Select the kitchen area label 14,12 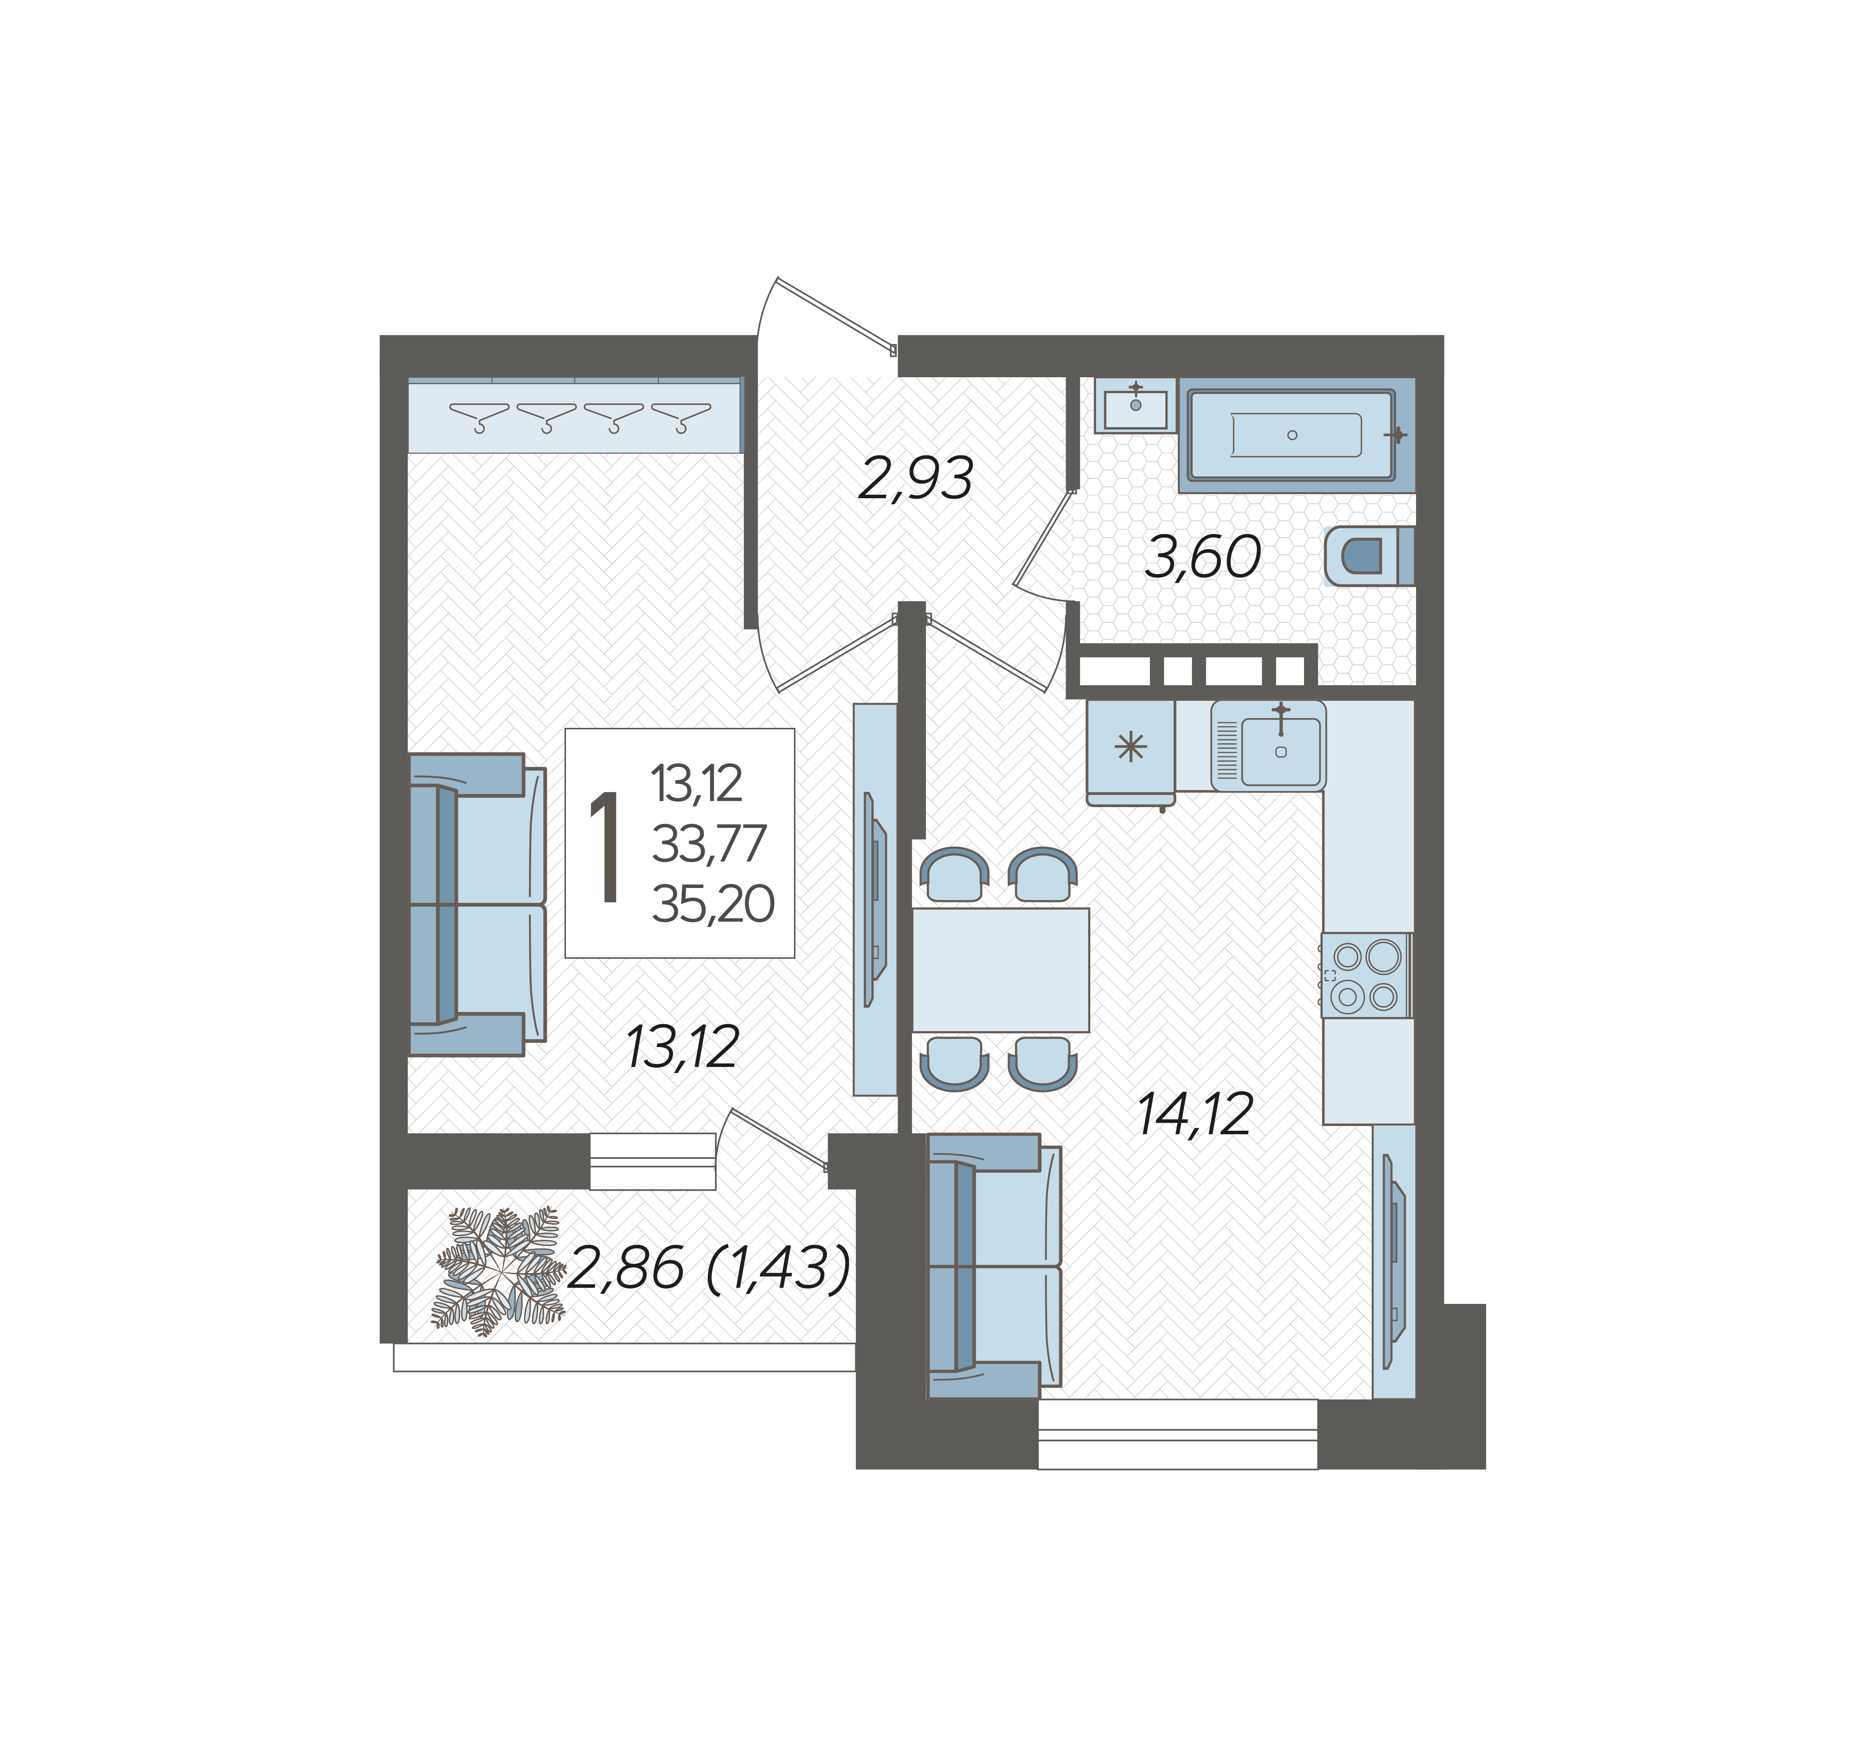pos(1195,1115)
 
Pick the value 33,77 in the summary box pos(709,844)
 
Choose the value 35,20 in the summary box pos(713,904)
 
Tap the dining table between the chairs pos(1000,970)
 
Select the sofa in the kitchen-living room pos(994,1266)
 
